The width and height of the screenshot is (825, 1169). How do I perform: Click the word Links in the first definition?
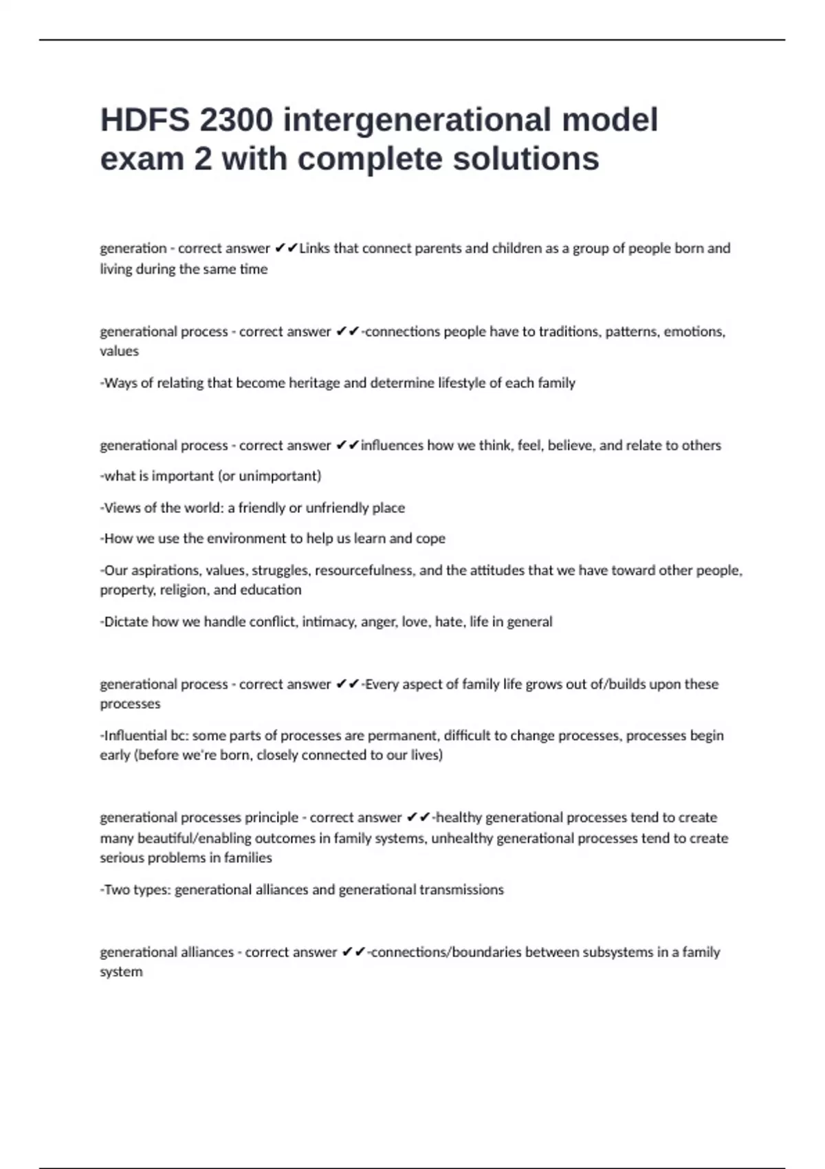[314, 248]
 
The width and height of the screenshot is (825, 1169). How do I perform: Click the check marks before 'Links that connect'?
[285, 248]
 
